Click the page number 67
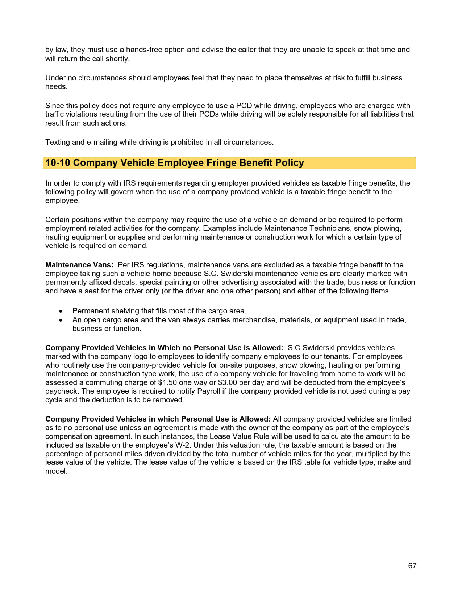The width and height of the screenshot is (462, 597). pyautogui.click(x=412, y=566)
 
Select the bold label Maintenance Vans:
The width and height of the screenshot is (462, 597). pyautogui.click(x=79, y=265)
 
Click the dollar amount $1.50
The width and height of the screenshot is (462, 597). pyautogui.click(x=167, y=382)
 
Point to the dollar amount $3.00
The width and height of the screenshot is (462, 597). pyautogui.click(x=227, y=382)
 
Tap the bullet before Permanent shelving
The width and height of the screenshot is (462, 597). pyautogui.click(x=61, y=311)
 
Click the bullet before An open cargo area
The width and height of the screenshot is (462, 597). pyautogui.click(x=61, y=320)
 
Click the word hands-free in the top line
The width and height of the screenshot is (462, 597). pyautogui.click(x=144, y=50)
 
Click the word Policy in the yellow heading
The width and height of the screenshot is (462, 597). pyautogui.click(x=290, y=163)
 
